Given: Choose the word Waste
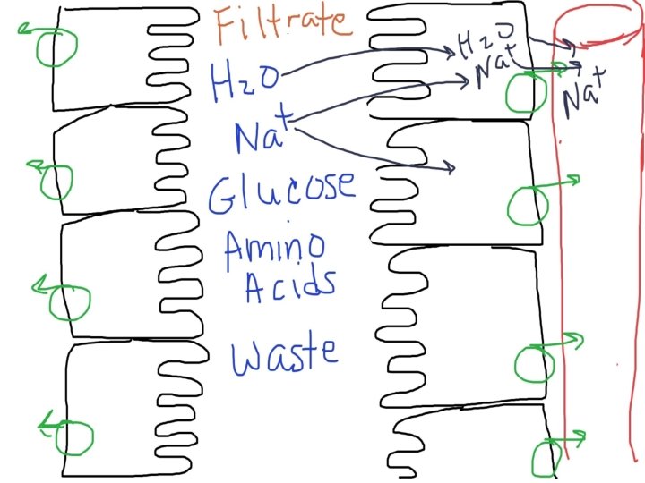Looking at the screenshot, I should point(285,354).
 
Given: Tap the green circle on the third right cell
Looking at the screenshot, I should point(536,362).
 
